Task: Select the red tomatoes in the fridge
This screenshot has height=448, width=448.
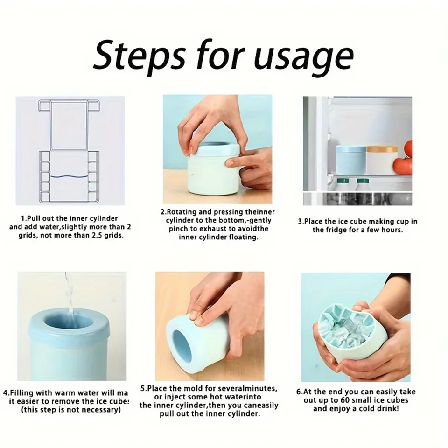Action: [404, 159]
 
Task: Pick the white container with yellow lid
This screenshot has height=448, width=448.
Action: [381, 160]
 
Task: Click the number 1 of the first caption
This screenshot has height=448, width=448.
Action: [22, 218]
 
